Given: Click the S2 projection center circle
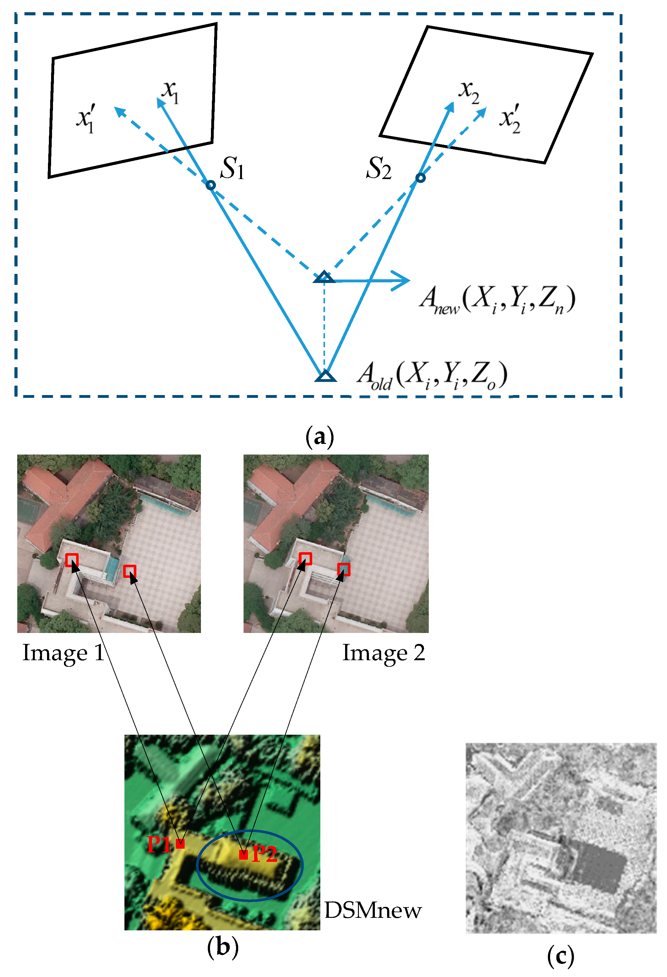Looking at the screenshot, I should (x=420, y=178).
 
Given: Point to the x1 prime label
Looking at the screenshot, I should (x=86, y=119).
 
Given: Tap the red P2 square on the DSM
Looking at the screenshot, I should (x=243, y=854).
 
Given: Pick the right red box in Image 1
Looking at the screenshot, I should (x=130, y=571).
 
